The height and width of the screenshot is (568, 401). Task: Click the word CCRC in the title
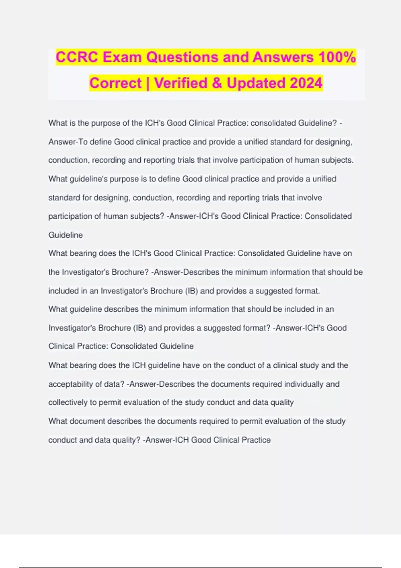tap(77, 57)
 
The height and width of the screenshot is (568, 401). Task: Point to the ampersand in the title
tap(217, 83)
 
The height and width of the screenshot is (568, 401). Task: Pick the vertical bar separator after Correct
tap(148, 83)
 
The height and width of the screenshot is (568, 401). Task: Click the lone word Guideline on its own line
tap(65, 235)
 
